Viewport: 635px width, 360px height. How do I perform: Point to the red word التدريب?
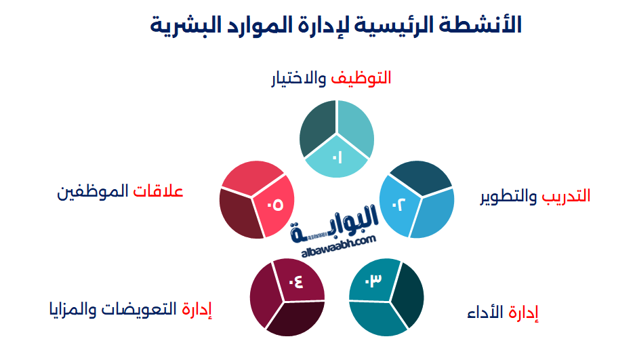(566, 196)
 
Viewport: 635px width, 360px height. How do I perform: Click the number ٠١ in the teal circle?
(337, 158)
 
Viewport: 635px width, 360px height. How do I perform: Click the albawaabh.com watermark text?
(336, 242)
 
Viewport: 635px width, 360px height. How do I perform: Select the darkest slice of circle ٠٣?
(409, 294)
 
